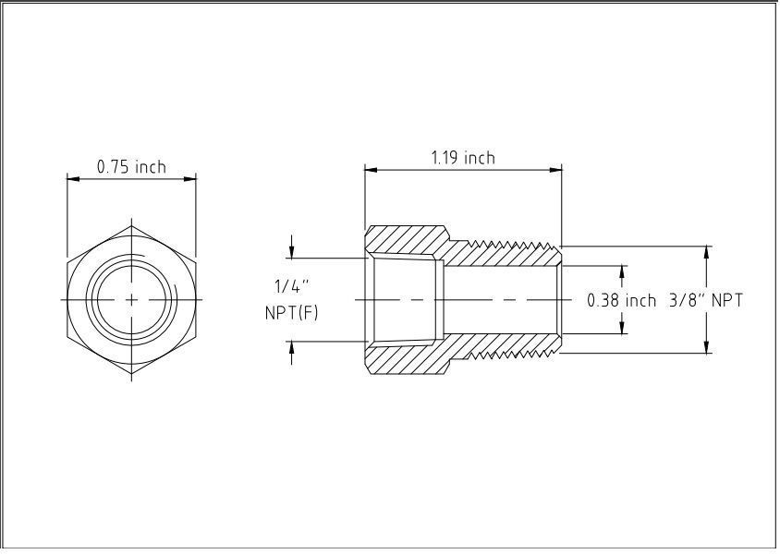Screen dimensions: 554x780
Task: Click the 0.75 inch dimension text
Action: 131,167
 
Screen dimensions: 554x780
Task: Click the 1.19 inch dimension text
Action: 463,158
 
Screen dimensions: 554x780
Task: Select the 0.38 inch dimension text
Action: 621,300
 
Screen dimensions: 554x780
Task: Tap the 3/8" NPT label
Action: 706,300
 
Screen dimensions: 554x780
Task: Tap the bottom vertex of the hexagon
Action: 131,375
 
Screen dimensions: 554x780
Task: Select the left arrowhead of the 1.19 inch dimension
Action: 370,170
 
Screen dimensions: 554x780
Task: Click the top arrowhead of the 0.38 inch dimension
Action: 622,271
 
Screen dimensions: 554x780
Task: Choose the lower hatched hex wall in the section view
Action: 407,359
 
